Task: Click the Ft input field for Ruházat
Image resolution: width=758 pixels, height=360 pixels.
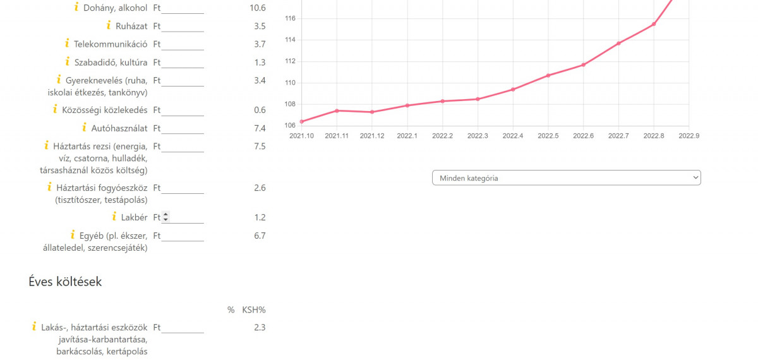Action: click(x=183, y=27)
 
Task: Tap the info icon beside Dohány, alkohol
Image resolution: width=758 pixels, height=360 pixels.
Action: click(x=76, y=8)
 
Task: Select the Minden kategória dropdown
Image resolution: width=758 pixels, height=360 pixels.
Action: click(x=566, y=178)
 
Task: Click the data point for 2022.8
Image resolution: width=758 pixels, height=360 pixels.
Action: click(x=654, y=24)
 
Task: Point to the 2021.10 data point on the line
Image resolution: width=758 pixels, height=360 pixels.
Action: click(x=302, y=121)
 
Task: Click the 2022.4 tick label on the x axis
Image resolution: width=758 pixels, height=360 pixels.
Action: click(x=513, y=136)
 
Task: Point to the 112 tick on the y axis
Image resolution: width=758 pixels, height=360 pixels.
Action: click(x=291, y=61)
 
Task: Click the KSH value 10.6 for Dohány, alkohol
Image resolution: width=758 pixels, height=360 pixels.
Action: click(x=258, y=8)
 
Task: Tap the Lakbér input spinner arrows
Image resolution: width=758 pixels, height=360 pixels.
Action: click(x=166, y=217)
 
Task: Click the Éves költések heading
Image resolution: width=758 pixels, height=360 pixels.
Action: click(x=65, y=282)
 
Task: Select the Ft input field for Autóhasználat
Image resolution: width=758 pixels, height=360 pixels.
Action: click(x=183, y=129)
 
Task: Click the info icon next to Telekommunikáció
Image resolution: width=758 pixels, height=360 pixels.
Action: click(x=67, y=44)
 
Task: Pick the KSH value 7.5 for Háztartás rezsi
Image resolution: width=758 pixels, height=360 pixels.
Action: click(x=259, y=147)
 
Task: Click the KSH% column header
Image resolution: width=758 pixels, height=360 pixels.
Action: click(x=254, y=310)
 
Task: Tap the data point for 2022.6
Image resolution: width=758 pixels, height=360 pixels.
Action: click(x=583, y=64)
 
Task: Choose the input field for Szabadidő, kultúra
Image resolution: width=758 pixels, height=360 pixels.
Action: click(x=183, y=63)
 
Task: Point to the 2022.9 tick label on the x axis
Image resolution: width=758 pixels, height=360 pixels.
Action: click(x=689, y=136)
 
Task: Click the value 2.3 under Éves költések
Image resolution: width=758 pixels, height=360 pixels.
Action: click(x=259, y=328)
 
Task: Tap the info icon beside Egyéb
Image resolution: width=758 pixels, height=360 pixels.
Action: click(x=73, y=235)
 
